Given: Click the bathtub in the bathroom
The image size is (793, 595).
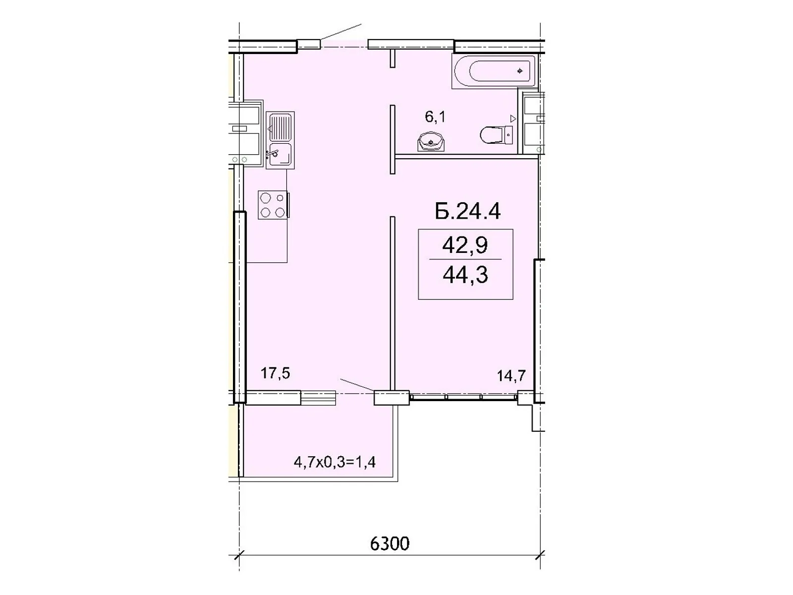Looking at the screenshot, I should pyautogui.click(x=494, y=71).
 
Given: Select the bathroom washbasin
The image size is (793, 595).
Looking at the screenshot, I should pyautogui.click(x=431, y=142).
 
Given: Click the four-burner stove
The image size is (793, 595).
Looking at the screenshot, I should pyautogui.click(x=273, y=205).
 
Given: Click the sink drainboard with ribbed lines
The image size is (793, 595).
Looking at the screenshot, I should pyautogui.click(x=281, y=127).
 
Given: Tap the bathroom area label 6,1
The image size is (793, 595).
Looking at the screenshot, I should pyautogui.click(x=435, y=117).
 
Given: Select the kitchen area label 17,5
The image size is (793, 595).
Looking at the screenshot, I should pyautogui.click(x=275, y=373).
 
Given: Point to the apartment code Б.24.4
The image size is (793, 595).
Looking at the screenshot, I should pyautogui.click(x=467, y=211).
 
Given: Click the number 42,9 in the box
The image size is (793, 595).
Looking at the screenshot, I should pyautogui.click(x=465, y=245).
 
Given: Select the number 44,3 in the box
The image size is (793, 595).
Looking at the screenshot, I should pyautogui.click(x=465, y=274).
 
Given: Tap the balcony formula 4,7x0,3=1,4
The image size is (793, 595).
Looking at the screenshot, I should pyautogui.click(x=335, y=462).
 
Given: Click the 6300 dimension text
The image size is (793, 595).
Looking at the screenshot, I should pyautogui.click(x=390, y=543).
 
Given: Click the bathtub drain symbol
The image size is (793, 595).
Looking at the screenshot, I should pyautogui.click(x=519, y=71).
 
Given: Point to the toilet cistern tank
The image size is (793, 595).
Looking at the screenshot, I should pyautogui.click(x=508, y=134).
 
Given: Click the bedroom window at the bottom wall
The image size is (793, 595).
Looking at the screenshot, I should pyautogui.click(x=463, y=397).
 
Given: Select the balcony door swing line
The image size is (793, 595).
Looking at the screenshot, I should pyautogui.click(x=356, y=384).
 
